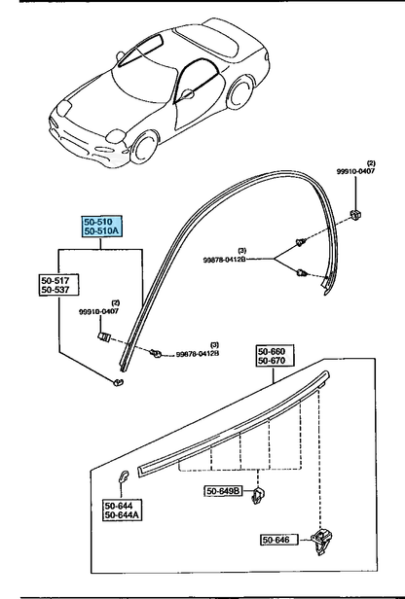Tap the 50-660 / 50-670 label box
[276, 356]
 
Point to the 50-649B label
[223, 492]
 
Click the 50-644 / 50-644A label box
[124, 511]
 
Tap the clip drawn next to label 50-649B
[259, 497]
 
